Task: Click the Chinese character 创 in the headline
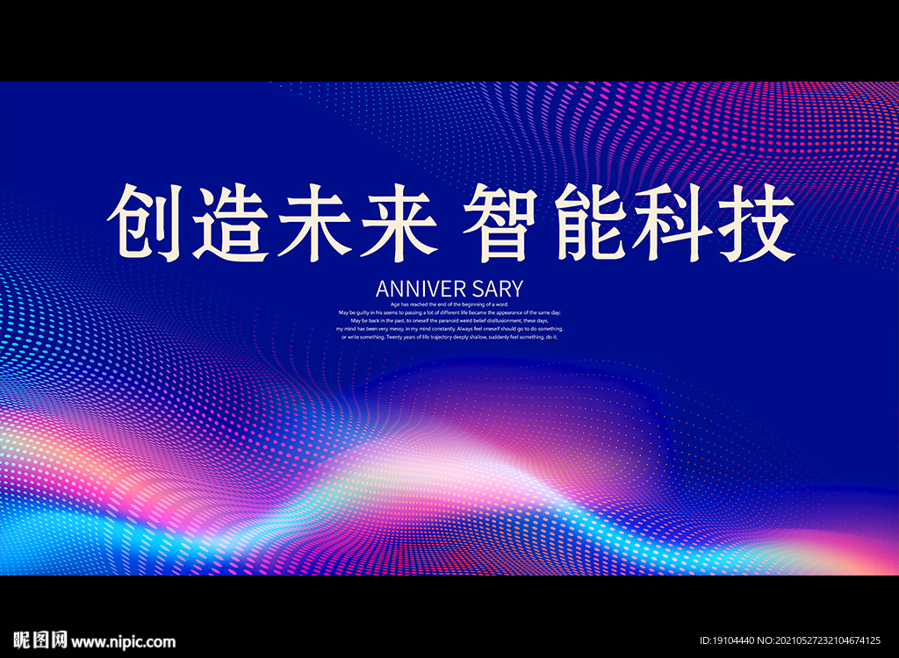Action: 144,221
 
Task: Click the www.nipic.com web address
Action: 124,641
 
